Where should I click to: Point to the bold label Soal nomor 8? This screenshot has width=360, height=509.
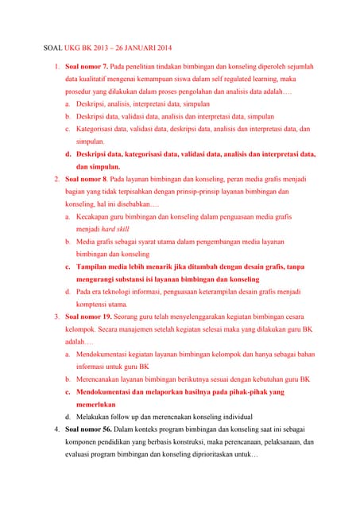[x=87, y=180]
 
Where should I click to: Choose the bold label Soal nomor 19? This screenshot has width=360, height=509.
[x=88, y=317]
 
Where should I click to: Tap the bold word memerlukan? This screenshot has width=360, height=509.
[x=101, y=405]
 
